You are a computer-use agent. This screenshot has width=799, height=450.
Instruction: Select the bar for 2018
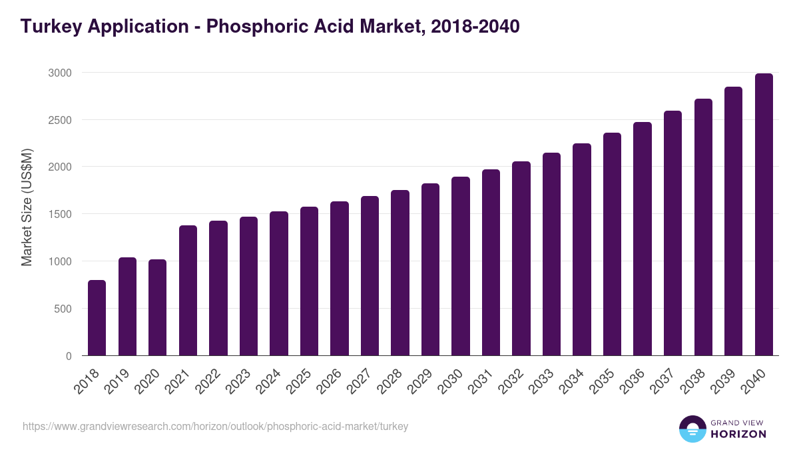click(x=97, y=318)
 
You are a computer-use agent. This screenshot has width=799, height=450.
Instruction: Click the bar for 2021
click(x=188, y=291)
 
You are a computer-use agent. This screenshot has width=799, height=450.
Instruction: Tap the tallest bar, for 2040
click(x=764, y=215)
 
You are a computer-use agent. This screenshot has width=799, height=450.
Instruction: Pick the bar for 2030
click(x=461, y=266)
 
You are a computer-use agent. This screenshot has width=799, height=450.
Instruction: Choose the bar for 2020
click(x=157, y=307)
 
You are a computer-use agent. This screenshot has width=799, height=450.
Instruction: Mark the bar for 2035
click(x=612, y=244)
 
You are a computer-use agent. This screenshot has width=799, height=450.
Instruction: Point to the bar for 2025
click(x=309, y=281)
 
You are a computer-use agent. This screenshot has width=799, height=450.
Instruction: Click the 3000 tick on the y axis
click(x=59, y=72)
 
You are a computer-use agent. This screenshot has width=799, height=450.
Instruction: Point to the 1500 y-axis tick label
click(x=59, y=214)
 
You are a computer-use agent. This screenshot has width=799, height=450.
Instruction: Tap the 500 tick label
click(x=62, y=309)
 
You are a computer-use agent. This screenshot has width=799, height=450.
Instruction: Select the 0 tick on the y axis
click(x=69, y=356)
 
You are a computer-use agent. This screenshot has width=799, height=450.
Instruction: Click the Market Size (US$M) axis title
click(x=27, y=213)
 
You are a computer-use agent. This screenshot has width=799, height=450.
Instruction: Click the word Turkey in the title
click(x=49, y=27)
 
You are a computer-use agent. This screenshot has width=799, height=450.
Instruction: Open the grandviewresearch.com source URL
click(x=215, y=426)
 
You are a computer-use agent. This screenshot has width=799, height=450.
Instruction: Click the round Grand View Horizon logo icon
click(x=692, y=429)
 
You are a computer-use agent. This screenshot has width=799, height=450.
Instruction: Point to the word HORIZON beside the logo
click(x=738, y=434)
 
